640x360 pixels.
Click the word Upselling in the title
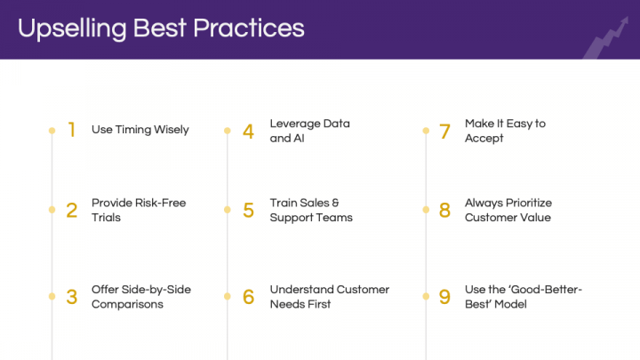72,28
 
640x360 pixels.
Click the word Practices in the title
249,28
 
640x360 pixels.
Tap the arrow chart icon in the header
606,37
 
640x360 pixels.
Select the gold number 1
72,130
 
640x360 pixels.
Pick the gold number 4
248,132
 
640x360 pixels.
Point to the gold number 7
444,132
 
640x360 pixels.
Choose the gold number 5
248,210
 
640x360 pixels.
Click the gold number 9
444,297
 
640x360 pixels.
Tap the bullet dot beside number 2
52,210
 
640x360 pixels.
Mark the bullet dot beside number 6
228,296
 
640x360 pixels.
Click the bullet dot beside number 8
426,210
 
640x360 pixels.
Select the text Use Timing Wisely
140,130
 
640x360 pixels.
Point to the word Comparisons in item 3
127,304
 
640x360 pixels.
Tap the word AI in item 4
299,139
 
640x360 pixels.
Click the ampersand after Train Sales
335,203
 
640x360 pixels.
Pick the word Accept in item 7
484,139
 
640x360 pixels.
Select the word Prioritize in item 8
529,203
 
